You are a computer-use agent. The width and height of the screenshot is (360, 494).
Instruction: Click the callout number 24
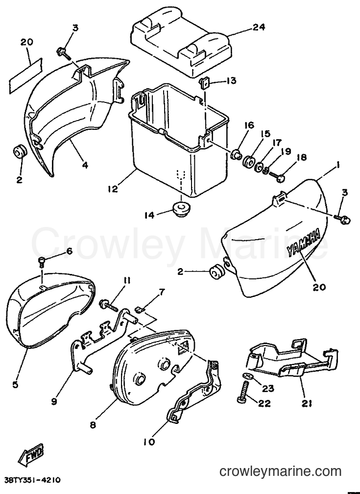coord(258,27)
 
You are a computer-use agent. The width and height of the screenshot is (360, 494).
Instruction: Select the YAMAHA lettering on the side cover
coord(303,242)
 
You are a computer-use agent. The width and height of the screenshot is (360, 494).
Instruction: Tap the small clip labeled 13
coord(204,83)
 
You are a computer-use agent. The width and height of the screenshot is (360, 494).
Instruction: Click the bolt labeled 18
coord(277,176)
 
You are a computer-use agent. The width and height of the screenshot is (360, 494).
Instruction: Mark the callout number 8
coord(93,425)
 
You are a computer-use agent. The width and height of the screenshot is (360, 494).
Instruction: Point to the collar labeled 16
coord(236,155)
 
